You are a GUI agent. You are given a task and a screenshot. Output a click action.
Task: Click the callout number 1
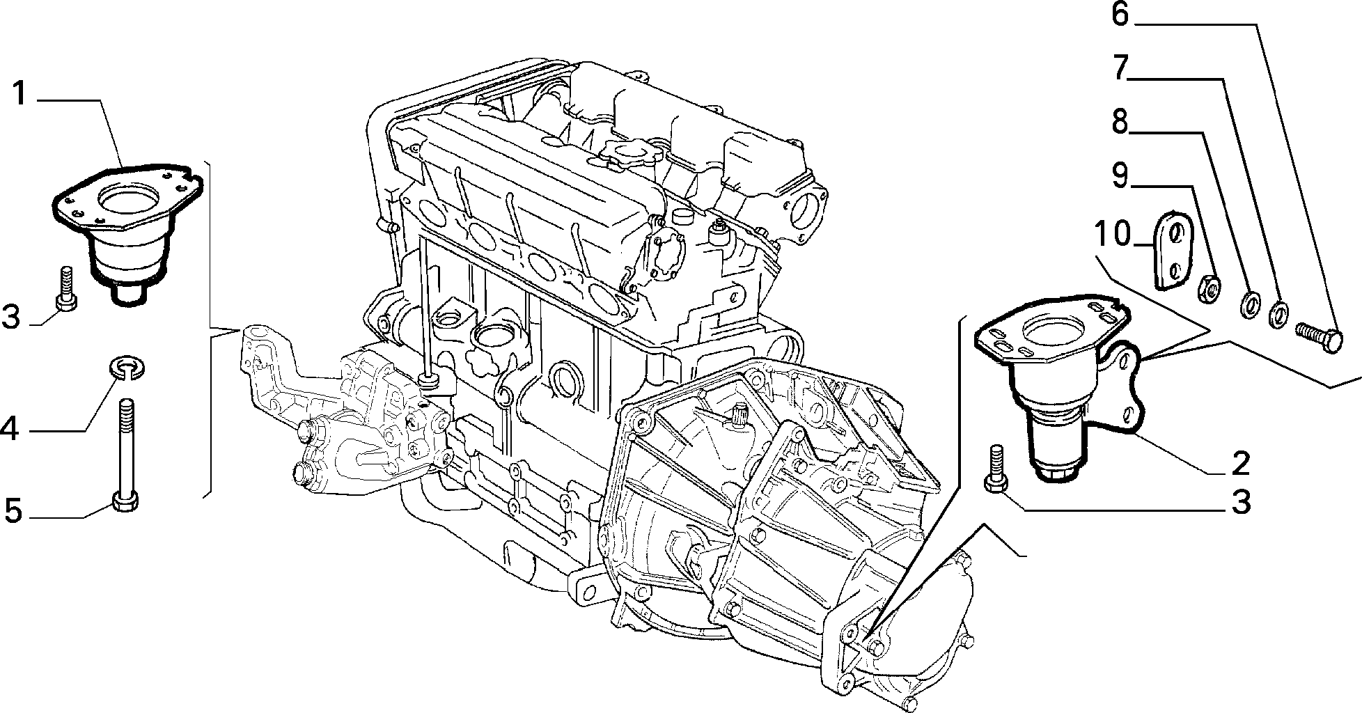pyautogui.click(x=20, y=94)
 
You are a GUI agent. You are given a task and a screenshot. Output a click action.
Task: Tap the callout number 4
pyautogui.click(x=10, y=429)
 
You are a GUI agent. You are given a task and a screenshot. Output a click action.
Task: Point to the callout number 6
pyautogui.click(x=1120, y=14)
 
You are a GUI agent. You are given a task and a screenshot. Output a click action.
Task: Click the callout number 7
pyautogui.click(x=1120, y=68)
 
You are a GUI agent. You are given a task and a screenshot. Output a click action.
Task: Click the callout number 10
pyautogui.click(x=1113, y=234)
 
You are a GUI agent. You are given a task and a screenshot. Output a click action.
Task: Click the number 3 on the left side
pyautogui.click(x=12, y=317)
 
